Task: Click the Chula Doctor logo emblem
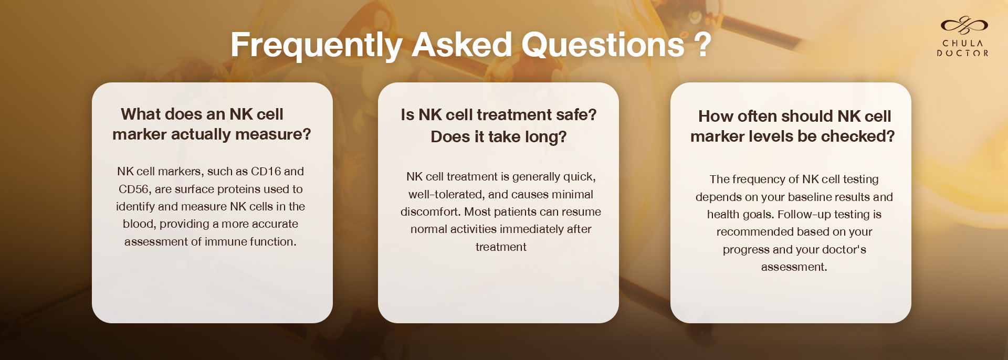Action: (964, 25)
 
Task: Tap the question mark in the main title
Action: (703, 45)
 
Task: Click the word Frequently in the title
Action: (316, 46)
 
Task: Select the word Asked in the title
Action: (461, 45)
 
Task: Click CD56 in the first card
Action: (133, 189)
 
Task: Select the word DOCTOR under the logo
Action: (963, 53)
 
